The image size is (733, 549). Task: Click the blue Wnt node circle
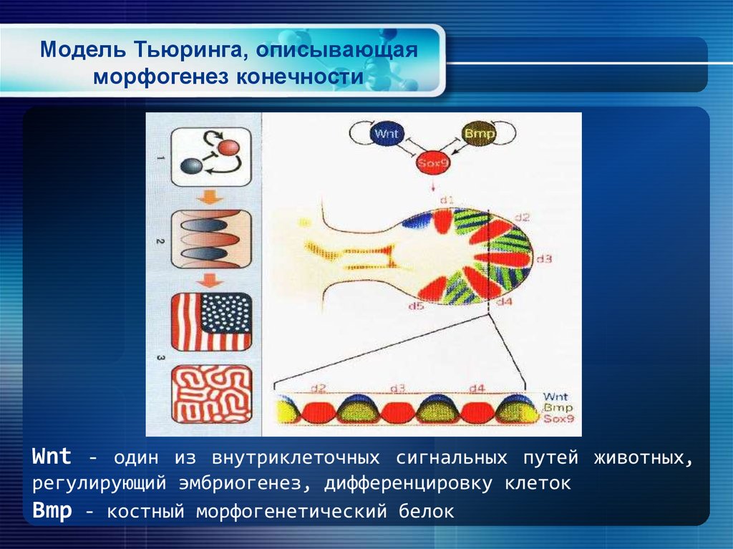384,135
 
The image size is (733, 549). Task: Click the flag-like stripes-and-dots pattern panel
211,322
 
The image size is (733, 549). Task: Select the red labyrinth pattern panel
211,394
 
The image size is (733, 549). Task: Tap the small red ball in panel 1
228,148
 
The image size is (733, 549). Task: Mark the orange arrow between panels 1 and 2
212,198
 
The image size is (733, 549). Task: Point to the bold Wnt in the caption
52,457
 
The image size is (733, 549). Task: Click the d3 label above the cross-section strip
398,389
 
